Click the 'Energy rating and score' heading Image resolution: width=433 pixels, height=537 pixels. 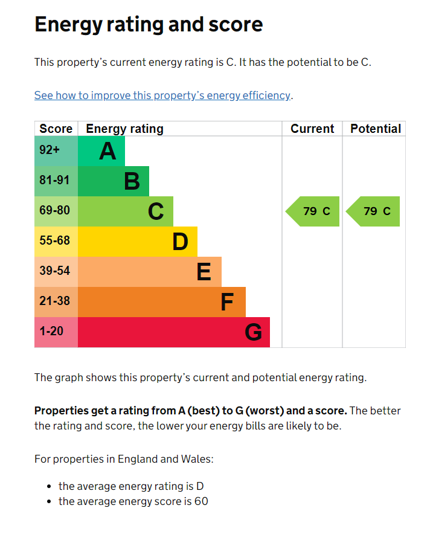(x=149, y=24)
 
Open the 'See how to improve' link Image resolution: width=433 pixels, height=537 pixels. (x=162, y=95)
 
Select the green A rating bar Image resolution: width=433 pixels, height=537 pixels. (x=101, y=151)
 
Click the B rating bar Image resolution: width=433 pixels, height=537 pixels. (x=114, y=181)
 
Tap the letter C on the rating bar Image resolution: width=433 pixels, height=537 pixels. (x=156, y=211)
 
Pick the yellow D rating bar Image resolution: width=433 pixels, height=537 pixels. (x=138, y=242)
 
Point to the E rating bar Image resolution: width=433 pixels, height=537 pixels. (x=150, y=272)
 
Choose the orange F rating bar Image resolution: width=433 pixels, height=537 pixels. (x=162, y=302)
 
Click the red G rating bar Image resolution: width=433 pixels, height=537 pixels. (x=174, y=332)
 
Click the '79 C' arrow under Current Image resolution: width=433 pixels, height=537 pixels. (x=313, y=211)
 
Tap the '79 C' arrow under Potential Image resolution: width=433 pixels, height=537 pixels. (x=374, y=211)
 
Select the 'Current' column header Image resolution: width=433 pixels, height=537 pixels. (x=312, y=129)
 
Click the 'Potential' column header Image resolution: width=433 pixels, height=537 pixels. (x=375, y=129)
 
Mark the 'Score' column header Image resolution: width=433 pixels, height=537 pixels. (x=56, y=129)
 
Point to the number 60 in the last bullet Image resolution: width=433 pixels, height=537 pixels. (x=202, y=501)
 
